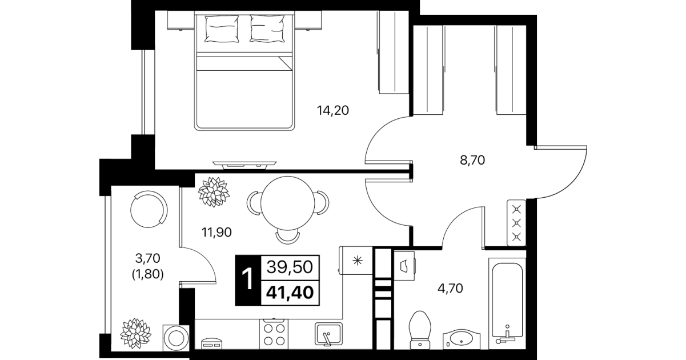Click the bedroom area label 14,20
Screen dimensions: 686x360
tap(332, 110)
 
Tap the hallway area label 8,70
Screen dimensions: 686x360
tap(472, 160)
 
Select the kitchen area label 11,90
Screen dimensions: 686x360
tap(216, 232)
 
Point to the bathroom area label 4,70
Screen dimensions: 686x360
tap(450, 289)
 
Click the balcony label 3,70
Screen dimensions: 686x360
tap(147, 258)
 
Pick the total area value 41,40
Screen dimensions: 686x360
tap(290, 293)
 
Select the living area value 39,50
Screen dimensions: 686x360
tap(290, 267)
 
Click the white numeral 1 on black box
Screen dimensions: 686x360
tap(247, 279)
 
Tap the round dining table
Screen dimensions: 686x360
tap(287, 203)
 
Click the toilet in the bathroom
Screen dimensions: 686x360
tap(420, 330)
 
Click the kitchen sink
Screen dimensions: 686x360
tap(328, 334)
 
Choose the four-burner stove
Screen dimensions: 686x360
tap(274, 334)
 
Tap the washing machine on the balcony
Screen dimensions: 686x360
tap(176, 338)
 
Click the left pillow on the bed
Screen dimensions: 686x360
tap(222, 29)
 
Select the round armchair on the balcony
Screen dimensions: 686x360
tap(149, 209)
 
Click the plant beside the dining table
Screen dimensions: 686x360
tap(214, 192)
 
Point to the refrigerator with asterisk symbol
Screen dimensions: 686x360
tap(356, 261)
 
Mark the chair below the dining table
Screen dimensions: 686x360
tap(287, 237)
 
